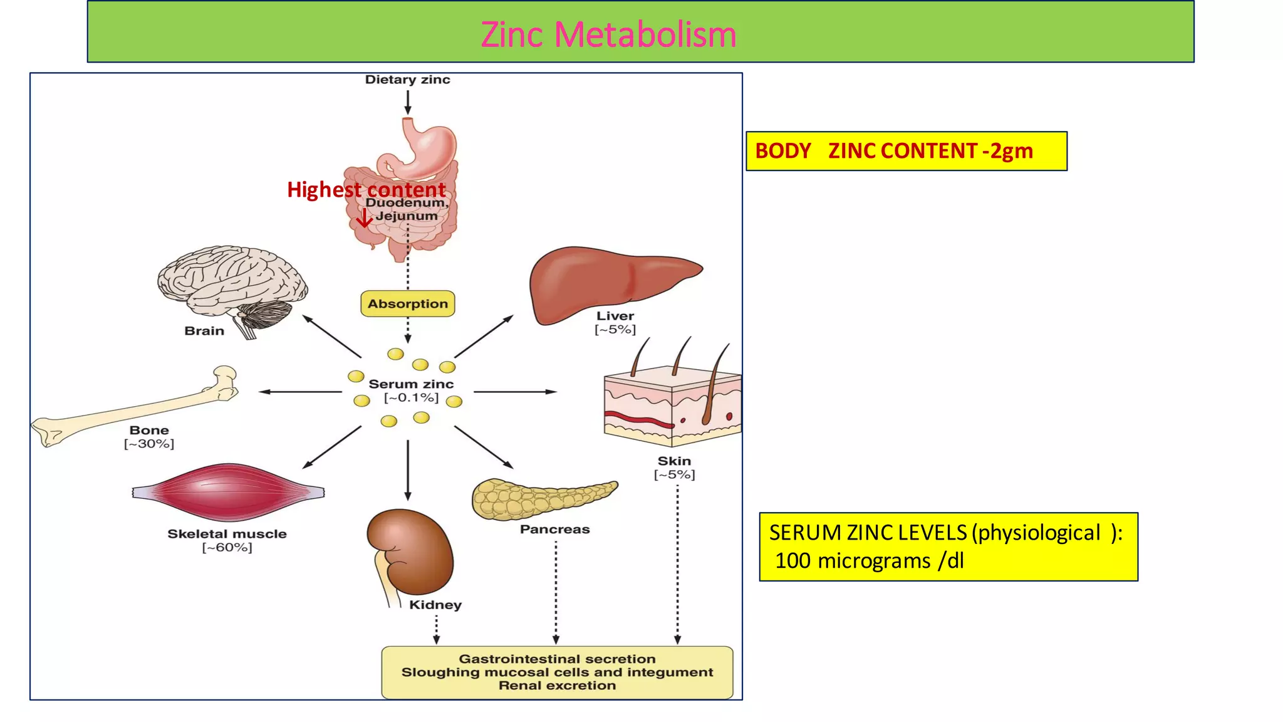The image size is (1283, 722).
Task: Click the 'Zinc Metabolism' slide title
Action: coord(608,34)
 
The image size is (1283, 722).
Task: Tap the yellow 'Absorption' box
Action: coord(408,304)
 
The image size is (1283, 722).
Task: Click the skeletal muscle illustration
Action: coord(228,492)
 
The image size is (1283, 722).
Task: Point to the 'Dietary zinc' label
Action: coord(408,80)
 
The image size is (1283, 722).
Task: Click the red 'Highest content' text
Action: coord(366,189)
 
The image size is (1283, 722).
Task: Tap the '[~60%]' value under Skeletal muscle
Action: coord(227,548)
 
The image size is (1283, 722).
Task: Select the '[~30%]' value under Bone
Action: coord(149,444)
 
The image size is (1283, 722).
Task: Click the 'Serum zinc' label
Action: coord(411,384)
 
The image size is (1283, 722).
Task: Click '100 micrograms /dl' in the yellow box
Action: coord(870,560)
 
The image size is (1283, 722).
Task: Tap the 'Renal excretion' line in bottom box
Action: coord(557,686)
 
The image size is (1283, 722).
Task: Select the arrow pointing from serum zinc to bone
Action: coord(301,392)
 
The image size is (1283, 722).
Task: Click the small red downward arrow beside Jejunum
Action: coord(364,218)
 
